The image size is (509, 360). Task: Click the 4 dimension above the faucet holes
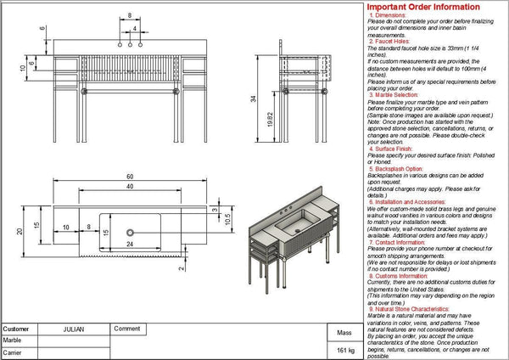tap(136, 28)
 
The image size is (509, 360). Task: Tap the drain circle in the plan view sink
tap(131, 231)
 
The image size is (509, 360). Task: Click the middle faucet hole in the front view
tap(129, 41)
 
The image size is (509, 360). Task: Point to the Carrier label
tap(12, 351)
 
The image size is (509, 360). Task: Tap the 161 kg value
tap(344, 350)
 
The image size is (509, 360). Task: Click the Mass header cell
tap(344, 334)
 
